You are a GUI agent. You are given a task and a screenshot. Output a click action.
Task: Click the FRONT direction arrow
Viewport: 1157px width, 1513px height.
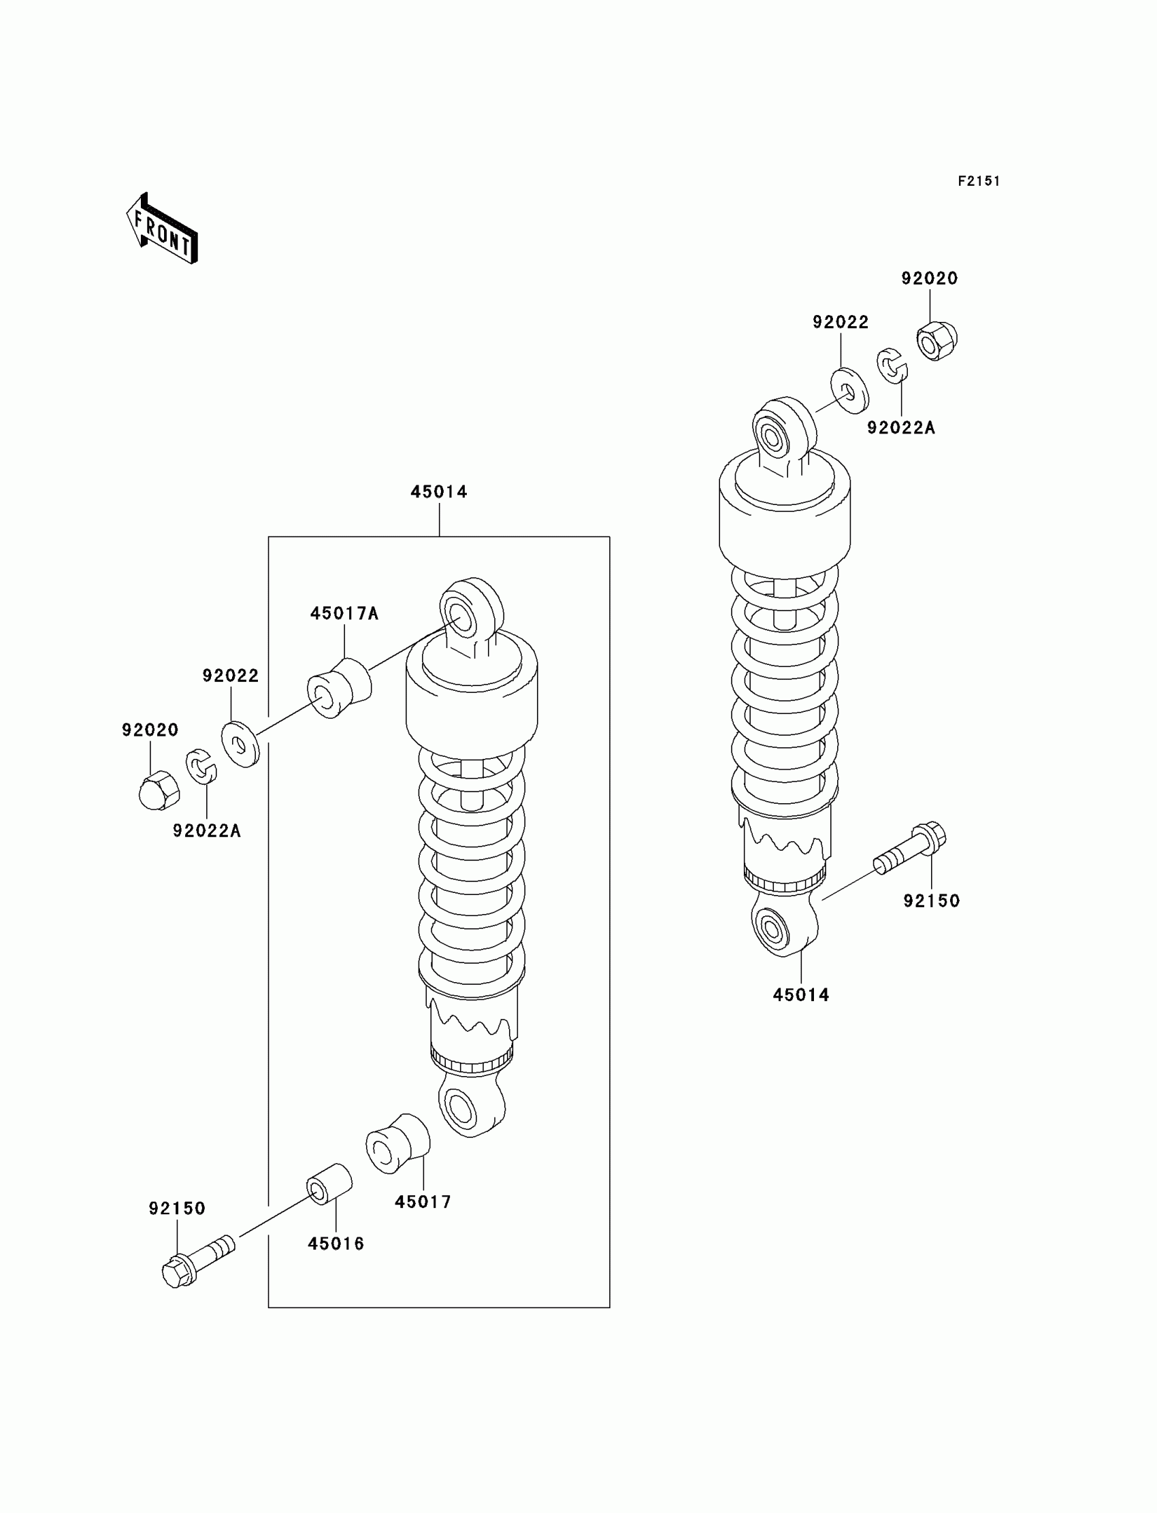pos(162,229)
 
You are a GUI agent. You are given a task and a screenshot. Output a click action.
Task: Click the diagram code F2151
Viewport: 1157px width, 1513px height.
pos(979,181)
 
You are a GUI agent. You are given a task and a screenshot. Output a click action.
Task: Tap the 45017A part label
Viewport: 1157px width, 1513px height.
pos(344,613)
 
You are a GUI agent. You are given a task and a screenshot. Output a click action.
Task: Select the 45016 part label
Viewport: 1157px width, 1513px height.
pos(336,1243)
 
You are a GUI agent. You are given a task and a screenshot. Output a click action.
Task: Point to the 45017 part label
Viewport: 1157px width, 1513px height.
pos(423,1202)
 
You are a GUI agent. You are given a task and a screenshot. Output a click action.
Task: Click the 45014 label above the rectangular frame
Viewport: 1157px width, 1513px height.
pos(439,491)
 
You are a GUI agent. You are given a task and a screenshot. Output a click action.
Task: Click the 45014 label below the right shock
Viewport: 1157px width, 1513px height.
pos(801,994)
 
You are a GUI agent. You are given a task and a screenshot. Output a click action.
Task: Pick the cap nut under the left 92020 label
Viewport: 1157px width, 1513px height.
pos(159,790)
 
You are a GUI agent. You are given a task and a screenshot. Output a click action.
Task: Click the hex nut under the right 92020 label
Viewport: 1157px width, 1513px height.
pos(936,340)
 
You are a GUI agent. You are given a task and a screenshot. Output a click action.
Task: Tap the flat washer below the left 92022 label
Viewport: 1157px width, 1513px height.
pos(240,744)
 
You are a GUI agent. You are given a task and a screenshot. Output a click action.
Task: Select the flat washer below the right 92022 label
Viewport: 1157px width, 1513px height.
pos(849,391)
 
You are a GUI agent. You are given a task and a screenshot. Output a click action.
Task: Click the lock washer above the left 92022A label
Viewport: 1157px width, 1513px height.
pos(200,766)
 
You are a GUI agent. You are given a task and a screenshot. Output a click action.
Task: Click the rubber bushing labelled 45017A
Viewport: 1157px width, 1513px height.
pos(339,689)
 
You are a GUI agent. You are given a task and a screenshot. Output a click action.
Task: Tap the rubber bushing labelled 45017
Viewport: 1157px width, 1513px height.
pos(398,1144)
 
